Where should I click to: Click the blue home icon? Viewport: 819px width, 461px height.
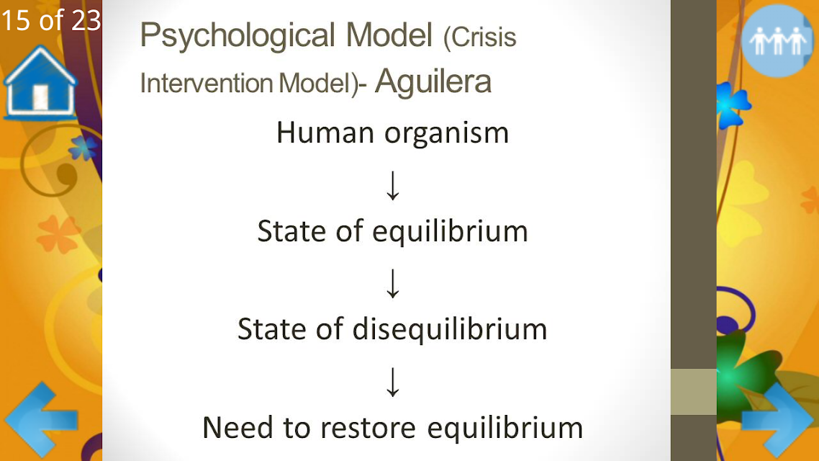[x=40, y=83]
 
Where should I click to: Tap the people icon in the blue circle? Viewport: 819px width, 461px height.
[x=777, y=41]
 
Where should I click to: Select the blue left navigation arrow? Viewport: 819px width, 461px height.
[x=41, y=419]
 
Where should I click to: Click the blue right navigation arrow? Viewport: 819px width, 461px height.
[x=778, y=419]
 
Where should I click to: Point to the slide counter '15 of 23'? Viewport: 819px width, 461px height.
[x=50, y=21]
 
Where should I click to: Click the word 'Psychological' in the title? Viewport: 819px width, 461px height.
[x=237, y=36]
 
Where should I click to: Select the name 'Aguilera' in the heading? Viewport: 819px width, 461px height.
[x=433, y=81]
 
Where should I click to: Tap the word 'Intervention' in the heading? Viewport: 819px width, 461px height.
[x=207, y=83]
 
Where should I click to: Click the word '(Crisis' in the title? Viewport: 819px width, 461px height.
[x=479, y=37]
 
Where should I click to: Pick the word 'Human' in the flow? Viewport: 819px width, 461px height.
[x=325, y=133]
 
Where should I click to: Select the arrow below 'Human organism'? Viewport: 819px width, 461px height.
[x=393, y=186]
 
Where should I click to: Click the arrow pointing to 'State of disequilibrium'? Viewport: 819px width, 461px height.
[x=393, y=284]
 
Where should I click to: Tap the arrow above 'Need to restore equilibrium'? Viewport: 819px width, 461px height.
[x=393, y=382]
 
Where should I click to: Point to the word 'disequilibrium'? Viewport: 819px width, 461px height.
[x=451, y=330]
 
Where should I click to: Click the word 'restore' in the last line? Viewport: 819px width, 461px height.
[x=368, y=428]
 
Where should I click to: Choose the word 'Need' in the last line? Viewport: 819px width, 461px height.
[x=237, y=428]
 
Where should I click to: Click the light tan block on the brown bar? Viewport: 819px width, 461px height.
[x=693, y=392]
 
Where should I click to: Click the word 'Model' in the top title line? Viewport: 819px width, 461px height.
[x=389, y=35]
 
